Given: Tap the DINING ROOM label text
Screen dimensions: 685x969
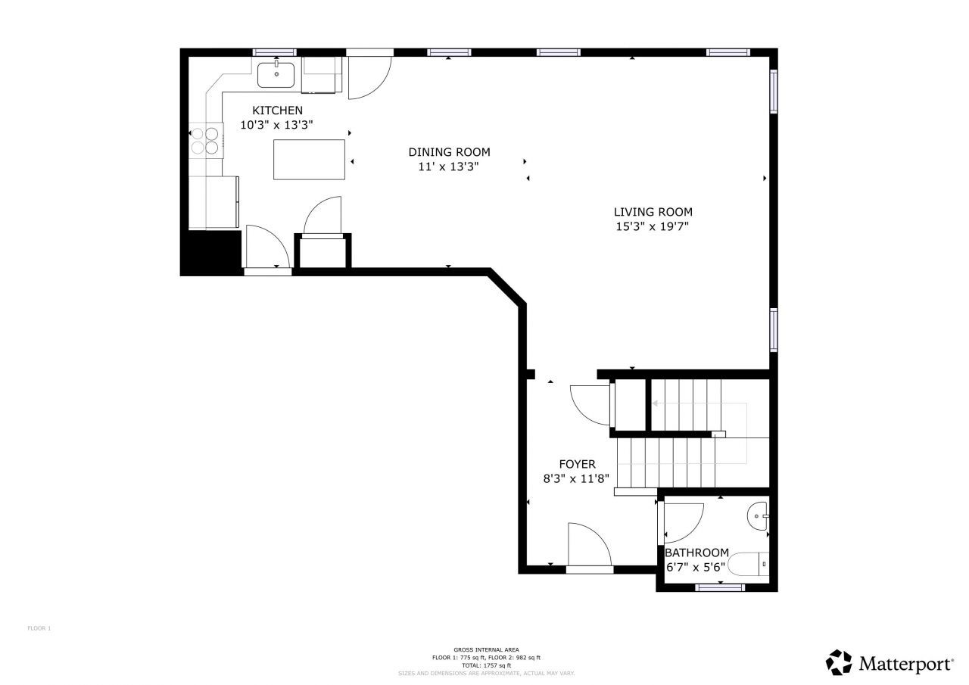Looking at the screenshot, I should [x=449, y=152].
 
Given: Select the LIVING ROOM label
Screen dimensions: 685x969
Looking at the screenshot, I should [x=653, y=212].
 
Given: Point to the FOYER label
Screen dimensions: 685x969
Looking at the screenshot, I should [x=577, y=464].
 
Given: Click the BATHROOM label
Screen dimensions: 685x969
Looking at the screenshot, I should [x=696, y=553].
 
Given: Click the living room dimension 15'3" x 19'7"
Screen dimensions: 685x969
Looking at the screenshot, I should [x=653, y=226].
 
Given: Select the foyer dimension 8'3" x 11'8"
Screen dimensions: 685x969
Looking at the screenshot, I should [x=577, y=478].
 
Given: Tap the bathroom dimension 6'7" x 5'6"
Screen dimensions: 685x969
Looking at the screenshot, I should [x=695, y=567].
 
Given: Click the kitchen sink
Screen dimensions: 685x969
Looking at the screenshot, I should [x=276, y=75].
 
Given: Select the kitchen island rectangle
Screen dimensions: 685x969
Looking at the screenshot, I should [x=309, y=159].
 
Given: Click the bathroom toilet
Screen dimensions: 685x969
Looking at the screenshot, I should [x=749, y=565].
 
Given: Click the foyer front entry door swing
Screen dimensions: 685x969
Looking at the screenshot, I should [x=588, y=545].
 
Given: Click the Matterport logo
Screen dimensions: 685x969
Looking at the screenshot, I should [x=889, y=663].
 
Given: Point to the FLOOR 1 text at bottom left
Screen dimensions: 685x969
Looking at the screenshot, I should [x=39, y=628].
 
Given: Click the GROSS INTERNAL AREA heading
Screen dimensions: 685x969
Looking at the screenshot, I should [x=486, y=649].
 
